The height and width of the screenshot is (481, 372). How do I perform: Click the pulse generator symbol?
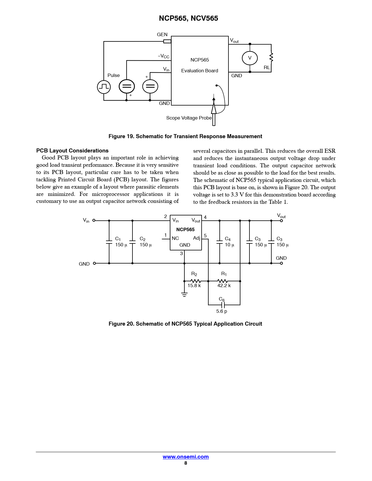(x=104, y=87)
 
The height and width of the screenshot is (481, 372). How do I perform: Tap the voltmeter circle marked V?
(x=250, y=58)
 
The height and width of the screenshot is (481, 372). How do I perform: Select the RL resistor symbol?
(x=271, y=57)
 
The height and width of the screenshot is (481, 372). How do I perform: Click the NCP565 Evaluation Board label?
(x=200, y=65)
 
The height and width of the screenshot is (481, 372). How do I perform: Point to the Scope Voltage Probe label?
(x=189, y=118)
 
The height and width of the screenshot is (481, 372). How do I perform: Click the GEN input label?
(x=162, y=35)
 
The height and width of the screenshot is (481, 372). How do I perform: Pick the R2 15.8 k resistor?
(x=195, y=281)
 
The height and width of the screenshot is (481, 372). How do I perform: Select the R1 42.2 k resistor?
(x=223, y=281)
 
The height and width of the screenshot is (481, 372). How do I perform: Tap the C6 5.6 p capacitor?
(x=223, y=305)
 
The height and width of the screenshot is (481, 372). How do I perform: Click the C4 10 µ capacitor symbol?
(x=220, y=242)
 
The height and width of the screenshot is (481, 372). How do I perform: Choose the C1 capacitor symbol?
(x=109, y=242)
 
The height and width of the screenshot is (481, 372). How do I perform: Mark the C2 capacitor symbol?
(x=132, y=242)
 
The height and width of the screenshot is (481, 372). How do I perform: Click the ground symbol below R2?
(x=184, y=295)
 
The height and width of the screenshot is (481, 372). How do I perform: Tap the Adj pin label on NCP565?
(x=197, y=238)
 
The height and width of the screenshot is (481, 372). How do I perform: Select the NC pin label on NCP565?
(x=175, y=238)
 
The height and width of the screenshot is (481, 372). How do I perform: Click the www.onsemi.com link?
(x=186, y=457)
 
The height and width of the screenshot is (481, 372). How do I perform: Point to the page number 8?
(x=186, y=463)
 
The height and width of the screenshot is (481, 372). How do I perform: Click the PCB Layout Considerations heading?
(x=72, y=151)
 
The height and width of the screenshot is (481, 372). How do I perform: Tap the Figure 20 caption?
(x=185, y=324)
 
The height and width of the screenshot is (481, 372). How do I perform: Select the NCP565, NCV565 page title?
(x=188, y=18)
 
